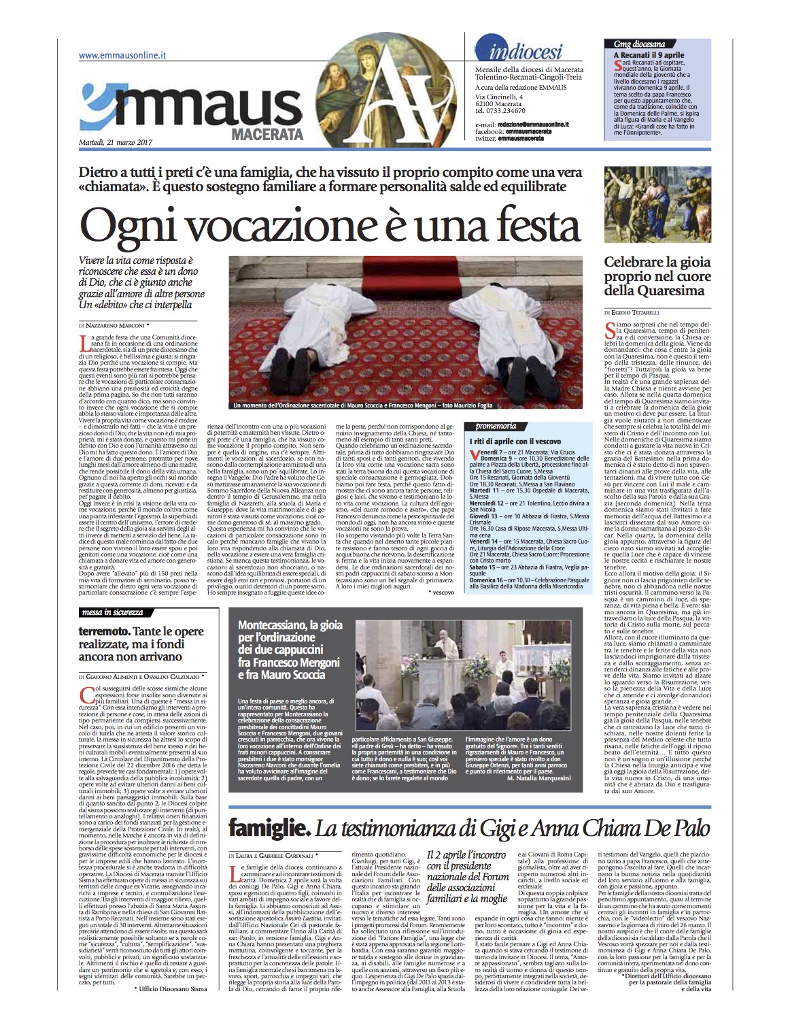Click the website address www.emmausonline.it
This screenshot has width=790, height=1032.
point(123,56)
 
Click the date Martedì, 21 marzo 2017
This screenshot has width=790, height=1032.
point(115,143)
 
